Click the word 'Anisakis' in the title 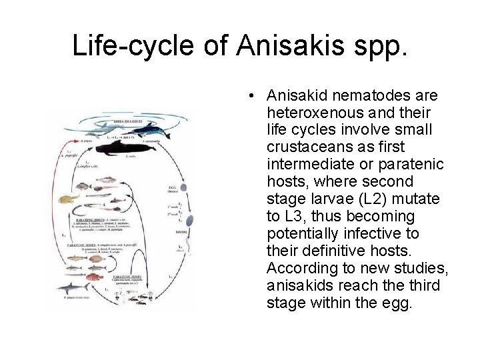click(x=279, y=45)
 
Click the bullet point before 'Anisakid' click(x=248, y=95)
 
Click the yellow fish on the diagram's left click(x=69, y=198)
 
